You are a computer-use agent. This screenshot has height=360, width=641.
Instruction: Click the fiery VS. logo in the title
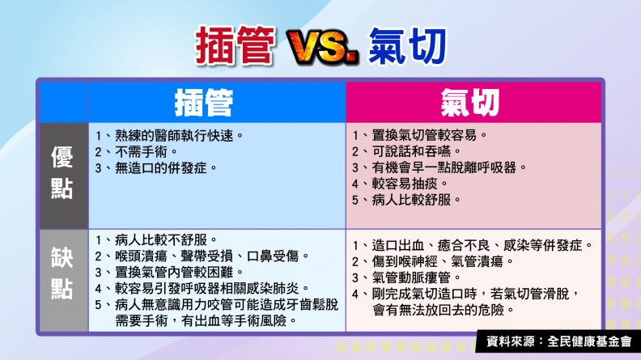[323, 47]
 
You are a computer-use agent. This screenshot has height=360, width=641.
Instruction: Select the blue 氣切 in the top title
[407, 46]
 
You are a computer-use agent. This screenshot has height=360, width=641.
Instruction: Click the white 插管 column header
[204, 103]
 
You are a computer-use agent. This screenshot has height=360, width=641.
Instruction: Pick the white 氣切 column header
[470, 103]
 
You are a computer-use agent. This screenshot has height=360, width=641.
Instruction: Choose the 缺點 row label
[62, 273]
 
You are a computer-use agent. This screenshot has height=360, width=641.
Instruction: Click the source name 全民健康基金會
[589, 341]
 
